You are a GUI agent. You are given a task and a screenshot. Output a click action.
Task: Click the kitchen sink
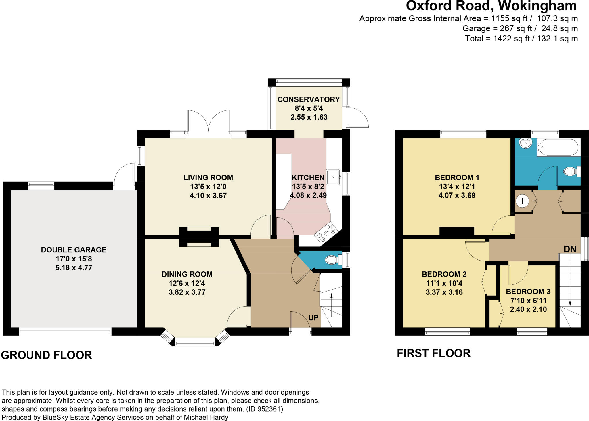point(333,177)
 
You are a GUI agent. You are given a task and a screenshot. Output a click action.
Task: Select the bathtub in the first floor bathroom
point(558,147)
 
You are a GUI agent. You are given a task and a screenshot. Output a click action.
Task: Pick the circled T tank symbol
point(523,201)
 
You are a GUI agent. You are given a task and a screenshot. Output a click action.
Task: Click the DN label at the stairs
point(570,249)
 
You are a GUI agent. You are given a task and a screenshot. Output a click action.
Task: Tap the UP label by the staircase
point(313,318)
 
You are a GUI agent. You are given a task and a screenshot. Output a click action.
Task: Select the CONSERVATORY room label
point(309,99)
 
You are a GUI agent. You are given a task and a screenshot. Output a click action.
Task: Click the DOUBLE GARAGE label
point(74,250)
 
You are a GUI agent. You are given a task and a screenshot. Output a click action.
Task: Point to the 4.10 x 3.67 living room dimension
point(208,196)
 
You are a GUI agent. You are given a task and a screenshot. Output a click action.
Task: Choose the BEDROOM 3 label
point(528,292)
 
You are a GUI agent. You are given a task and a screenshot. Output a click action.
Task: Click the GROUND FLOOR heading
point(47,355)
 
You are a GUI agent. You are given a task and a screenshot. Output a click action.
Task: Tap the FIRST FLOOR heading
point(434,353)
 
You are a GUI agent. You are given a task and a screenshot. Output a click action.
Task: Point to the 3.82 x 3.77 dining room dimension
point(187,292)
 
